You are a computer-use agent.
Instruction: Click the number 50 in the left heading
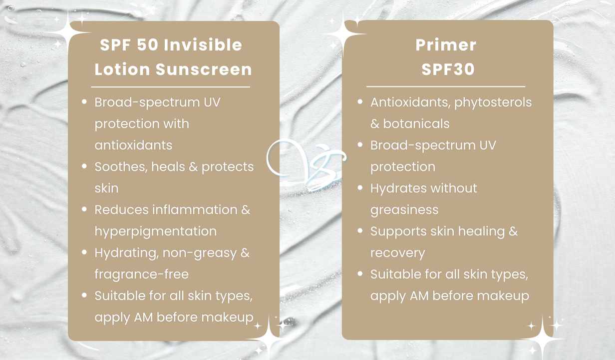[x=148, y=44]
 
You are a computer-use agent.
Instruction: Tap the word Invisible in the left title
[x=203, y=44]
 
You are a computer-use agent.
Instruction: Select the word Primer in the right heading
[x=446, y=45]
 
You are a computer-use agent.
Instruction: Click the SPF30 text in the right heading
[x=448, y=69]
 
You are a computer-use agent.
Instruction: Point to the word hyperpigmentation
[x=156, y=231]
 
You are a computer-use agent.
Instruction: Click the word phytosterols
[x=493, y=102]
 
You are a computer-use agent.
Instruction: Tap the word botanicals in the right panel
[x=416, y=124]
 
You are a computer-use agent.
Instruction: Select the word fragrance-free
[x=142, y=274]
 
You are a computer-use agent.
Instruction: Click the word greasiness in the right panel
[x=404, y=210]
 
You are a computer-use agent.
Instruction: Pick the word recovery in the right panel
[x=397, y=253]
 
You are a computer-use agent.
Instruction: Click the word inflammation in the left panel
[x=195, y=209]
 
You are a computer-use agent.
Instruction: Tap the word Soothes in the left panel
[x=121, y=166]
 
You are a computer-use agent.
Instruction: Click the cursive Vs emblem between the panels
[x=306, y=164]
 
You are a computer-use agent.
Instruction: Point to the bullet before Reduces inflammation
[x=84, y=209]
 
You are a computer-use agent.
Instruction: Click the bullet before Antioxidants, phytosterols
[x=360, y=102]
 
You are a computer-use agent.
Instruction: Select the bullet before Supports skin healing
[x=360, y=230]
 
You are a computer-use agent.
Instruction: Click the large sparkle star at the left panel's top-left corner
[x=67, y=32]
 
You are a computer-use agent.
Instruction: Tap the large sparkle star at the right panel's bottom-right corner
[x=543, y=338]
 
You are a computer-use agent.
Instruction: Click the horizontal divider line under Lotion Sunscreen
[x=171, y=87]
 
